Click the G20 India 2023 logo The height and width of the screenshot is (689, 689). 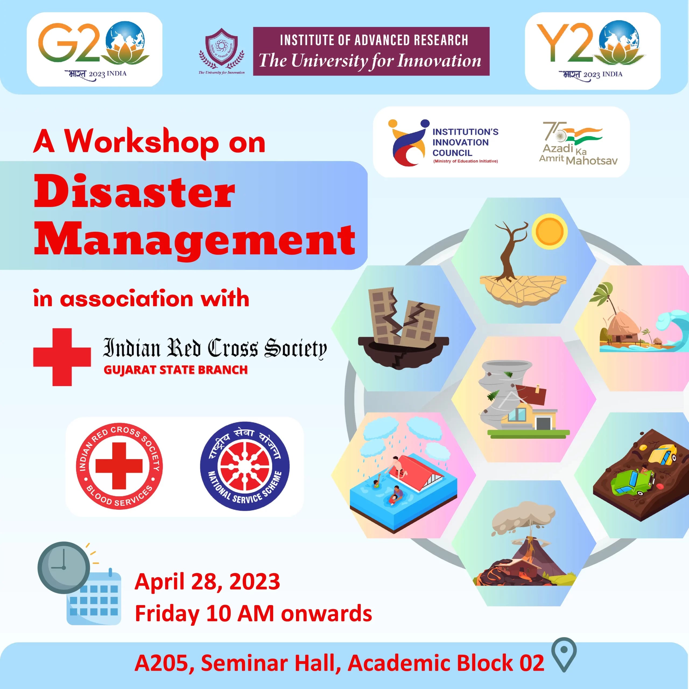94,50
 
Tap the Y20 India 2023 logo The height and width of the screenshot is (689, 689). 592,51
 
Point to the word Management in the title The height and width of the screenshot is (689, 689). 195,238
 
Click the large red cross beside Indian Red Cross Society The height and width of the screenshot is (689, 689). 62,357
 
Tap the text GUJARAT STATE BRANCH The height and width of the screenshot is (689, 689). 175,370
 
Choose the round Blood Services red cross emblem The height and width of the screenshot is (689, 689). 119,466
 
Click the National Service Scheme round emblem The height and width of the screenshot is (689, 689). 245,466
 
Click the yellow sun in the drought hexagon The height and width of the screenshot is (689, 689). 550,231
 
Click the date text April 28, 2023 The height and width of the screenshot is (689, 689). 207,582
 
